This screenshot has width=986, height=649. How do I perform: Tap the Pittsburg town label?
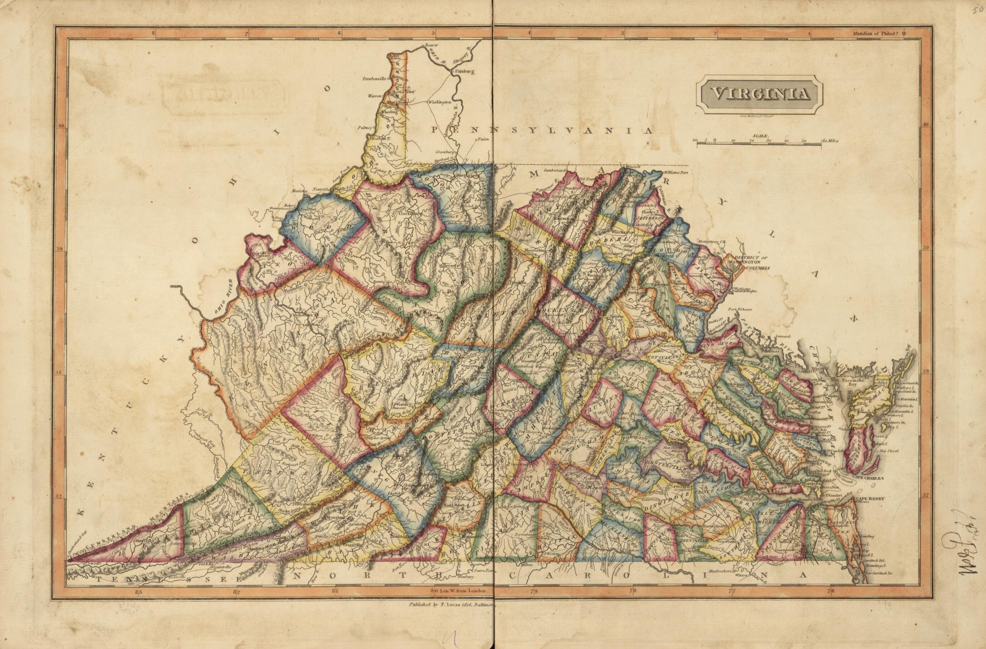[464, 71]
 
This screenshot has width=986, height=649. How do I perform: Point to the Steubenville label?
[374, 78]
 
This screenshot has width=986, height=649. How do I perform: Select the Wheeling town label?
[387, 111]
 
